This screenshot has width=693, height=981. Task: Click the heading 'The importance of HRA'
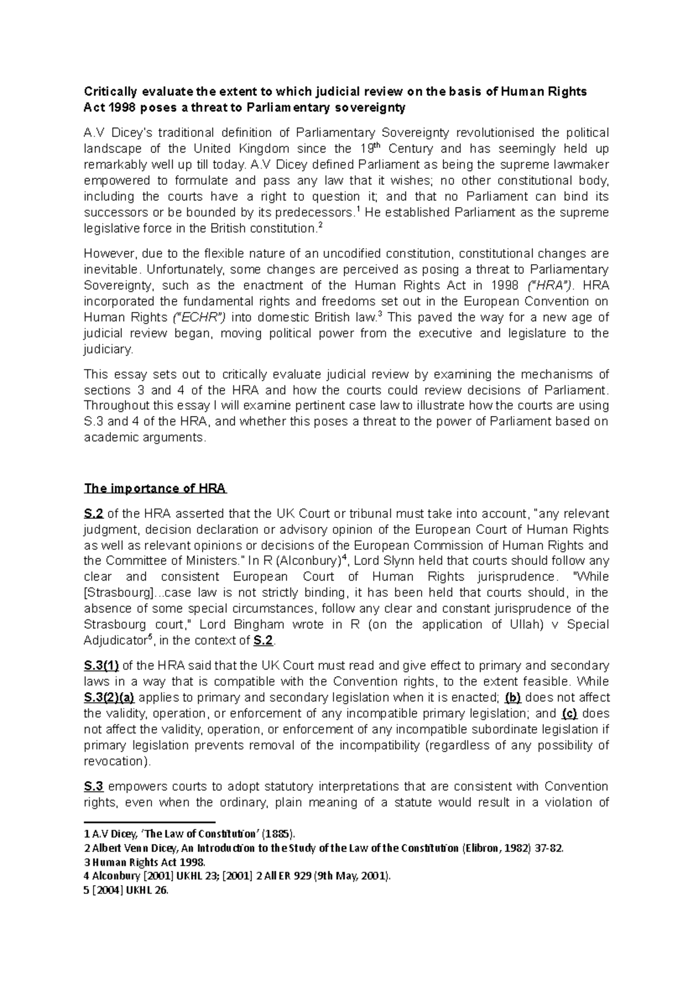[x=155, y=488]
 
